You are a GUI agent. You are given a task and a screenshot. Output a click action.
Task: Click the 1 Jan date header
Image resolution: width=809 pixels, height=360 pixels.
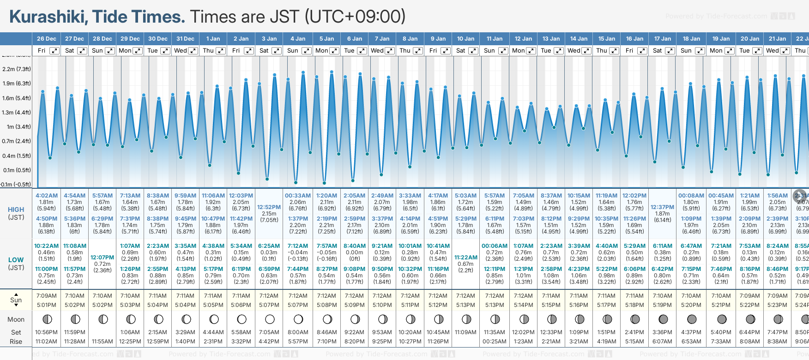[213, 39]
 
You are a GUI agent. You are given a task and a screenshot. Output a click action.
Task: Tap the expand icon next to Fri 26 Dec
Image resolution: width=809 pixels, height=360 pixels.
[54, 51]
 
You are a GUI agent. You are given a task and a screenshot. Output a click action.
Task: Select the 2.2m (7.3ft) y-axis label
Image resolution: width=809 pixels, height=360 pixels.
[17, 69]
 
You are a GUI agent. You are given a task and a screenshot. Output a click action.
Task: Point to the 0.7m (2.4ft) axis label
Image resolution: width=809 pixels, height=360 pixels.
[17, 141]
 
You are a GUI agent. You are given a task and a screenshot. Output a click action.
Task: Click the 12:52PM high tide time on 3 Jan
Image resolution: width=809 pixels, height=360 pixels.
[269, 207]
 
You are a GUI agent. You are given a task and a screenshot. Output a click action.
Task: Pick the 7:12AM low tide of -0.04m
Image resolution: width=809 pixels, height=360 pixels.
[298, 246]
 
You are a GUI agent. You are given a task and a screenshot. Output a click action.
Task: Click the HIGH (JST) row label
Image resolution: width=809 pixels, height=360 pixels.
[16, 213]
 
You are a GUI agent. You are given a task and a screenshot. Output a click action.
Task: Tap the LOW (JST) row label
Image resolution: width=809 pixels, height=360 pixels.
[16, 264]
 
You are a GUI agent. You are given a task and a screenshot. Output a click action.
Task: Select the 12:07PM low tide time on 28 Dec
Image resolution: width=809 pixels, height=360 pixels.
[102, 257]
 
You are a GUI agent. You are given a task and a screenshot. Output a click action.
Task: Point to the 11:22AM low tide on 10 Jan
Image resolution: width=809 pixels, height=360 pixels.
[465, 257]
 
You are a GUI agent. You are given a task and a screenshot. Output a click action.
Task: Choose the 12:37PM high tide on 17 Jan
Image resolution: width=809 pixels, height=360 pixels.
[662, 207]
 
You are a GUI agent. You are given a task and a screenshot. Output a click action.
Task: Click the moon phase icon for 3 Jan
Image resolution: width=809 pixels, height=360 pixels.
[270, 319]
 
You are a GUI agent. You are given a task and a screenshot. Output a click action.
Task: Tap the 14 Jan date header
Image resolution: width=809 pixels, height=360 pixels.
[579, 39]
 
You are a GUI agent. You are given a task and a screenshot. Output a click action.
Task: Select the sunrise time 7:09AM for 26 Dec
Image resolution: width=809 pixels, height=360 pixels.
[46, 296]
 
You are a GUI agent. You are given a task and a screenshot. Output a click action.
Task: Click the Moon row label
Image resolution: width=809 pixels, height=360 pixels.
[16, 319]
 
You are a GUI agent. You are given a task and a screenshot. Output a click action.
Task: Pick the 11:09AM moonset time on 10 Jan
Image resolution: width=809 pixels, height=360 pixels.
[465, 332]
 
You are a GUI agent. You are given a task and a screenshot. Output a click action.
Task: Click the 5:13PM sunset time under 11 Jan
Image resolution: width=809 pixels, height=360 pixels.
[495, 305]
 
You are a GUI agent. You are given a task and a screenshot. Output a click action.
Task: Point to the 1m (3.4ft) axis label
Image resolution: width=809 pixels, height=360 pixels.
[17, 127]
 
